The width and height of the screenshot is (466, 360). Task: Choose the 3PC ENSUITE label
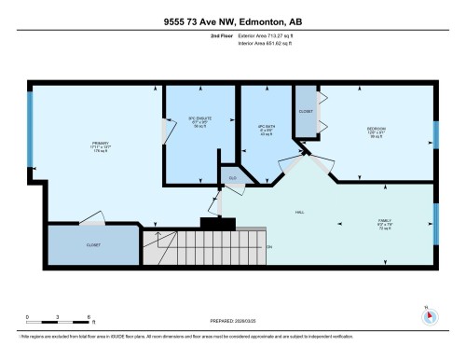pyautogui.click(x=200, y=123)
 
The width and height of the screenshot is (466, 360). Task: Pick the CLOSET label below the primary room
pyautogui.click(x=93, y=244)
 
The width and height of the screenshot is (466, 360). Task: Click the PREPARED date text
pyautogui.click(x=232, y=316)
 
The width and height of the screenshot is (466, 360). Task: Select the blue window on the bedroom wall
pyautogui.click(x=435, y=133)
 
